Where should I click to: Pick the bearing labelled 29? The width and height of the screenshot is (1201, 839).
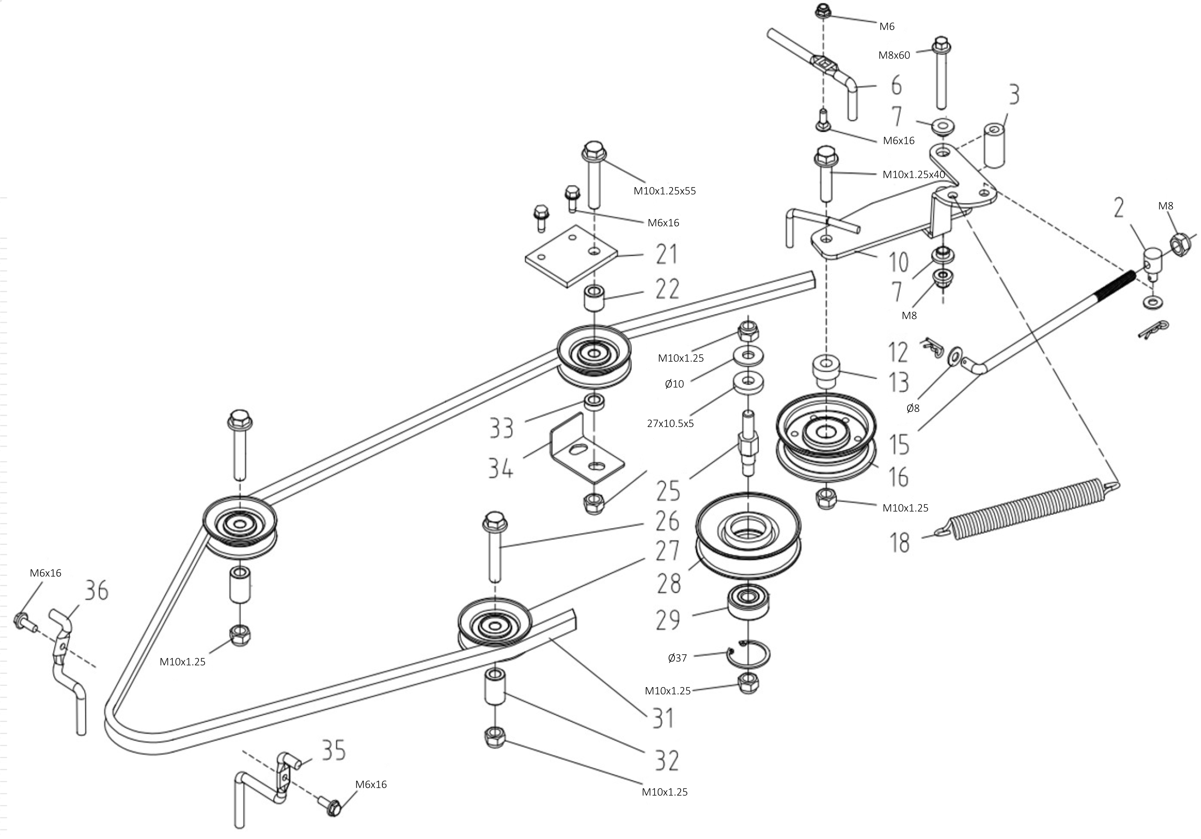748,603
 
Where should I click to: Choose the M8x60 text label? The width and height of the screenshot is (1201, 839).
894,55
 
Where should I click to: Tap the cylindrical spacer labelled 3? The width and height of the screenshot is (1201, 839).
994,145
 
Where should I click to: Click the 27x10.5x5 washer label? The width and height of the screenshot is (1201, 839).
670,424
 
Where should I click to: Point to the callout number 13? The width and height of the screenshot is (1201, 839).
899,382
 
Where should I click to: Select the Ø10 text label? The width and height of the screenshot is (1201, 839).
674,384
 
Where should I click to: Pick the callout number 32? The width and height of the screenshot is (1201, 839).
667,760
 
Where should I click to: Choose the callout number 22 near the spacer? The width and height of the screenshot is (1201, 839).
667,289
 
